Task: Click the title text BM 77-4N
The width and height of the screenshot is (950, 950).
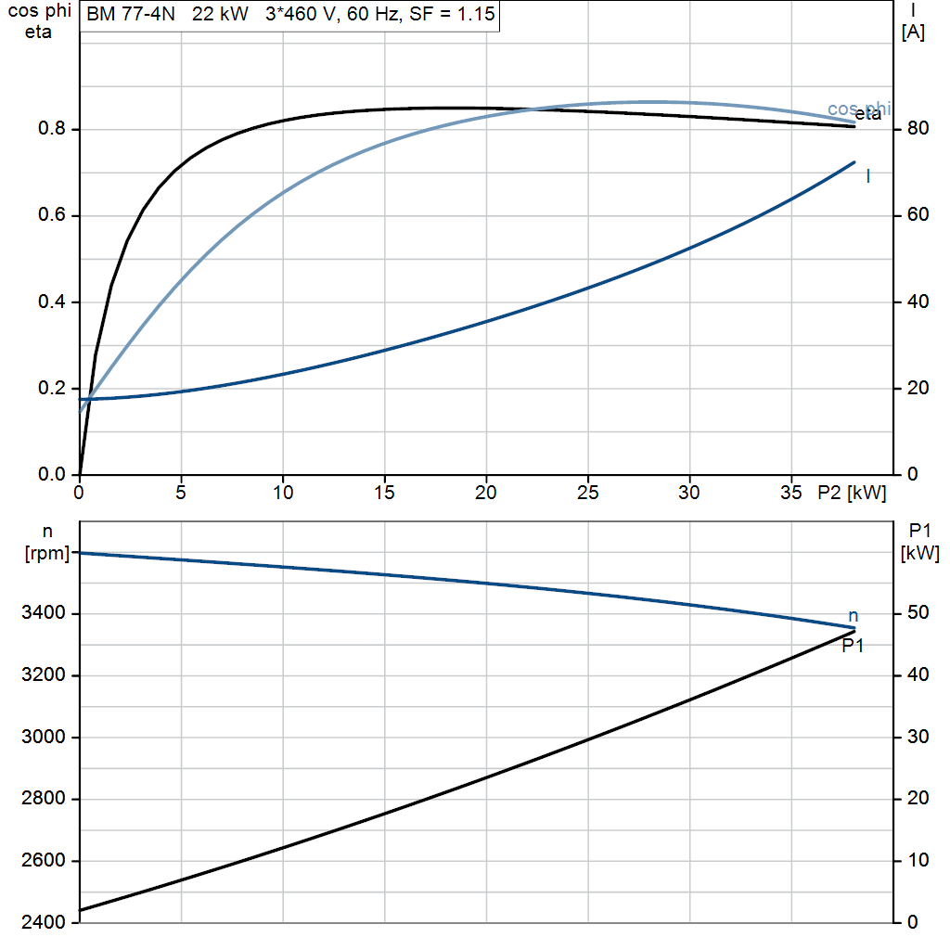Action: point(130,13)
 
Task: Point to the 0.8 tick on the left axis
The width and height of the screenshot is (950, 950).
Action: point(52,128)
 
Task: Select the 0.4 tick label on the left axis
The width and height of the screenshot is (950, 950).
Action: point(52,302)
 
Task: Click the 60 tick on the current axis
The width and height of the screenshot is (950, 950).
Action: point(918,214)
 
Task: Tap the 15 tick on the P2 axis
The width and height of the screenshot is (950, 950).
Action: point(384,493)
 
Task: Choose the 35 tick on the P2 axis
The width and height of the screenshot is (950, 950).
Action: point(790,493)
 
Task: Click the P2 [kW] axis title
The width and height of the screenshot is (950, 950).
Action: point(852,493)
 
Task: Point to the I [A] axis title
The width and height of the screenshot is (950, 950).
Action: point(913,22)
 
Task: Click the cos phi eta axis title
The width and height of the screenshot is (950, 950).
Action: point(39,21)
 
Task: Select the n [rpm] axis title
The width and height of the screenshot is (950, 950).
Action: point(46,543)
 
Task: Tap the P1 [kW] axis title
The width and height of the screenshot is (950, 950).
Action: point(919,542)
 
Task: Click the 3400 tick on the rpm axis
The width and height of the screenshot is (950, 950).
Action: point(43,613)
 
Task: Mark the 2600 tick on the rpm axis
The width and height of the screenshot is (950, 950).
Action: point(43,860)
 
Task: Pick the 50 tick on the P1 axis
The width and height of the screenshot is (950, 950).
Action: point(918,613)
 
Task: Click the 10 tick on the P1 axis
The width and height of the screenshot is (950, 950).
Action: point(918,860)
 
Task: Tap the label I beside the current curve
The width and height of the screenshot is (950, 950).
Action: point(868,176)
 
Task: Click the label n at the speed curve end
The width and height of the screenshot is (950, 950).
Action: point(854,617)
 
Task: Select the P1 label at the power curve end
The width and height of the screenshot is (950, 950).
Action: point(853,647)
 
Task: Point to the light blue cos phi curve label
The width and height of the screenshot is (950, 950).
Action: point(859,109)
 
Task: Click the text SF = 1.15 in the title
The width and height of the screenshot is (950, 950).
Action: point(452,13)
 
